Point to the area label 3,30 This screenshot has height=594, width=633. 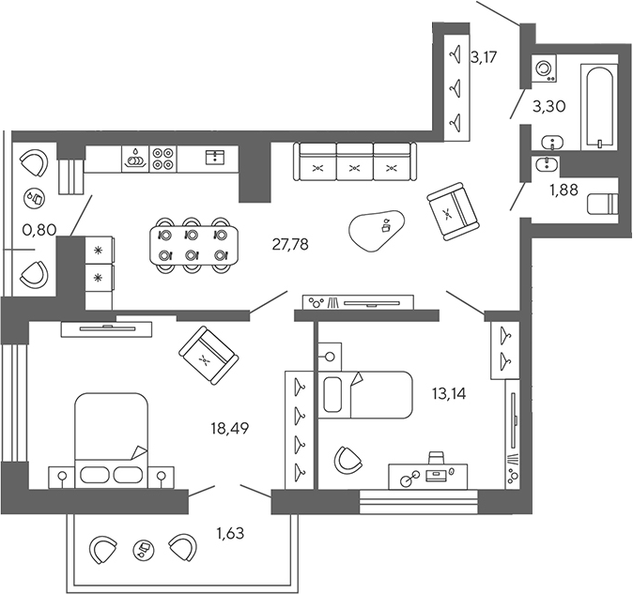coord(548,106)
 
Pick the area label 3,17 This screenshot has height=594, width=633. coord(483,57)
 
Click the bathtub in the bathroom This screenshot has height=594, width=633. coord(597,107)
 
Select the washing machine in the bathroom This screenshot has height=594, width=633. coord(543,70)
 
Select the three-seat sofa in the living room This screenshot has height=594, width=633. coord(353,161)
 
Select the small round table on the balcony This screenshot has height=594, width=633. coord(143,547)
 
